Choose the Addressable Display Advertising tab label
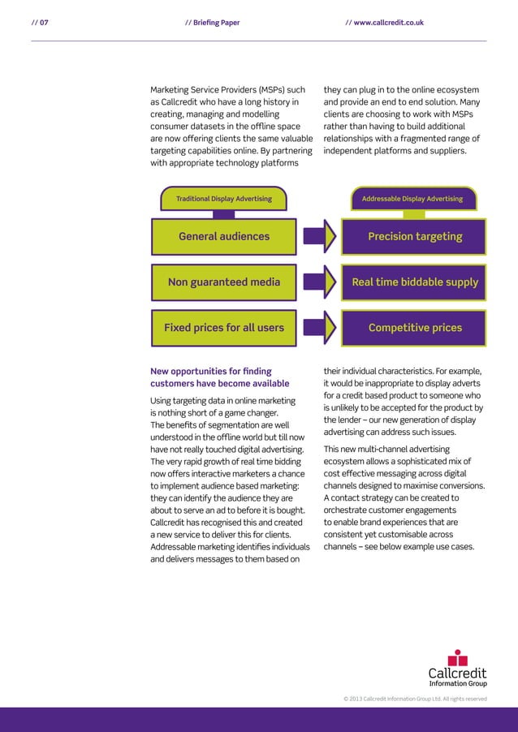point(412,199)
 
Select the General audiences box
point(223,236)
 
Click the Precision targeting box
point(415,236)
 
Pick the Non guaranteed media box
point(223,282)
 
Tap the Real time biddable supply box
point(415,282)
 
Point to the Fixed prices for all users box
point(223,328)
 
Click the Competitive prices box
point(415,328)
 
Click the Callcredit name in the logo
point(458,674)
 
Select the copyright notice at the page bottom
point(415,698)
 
